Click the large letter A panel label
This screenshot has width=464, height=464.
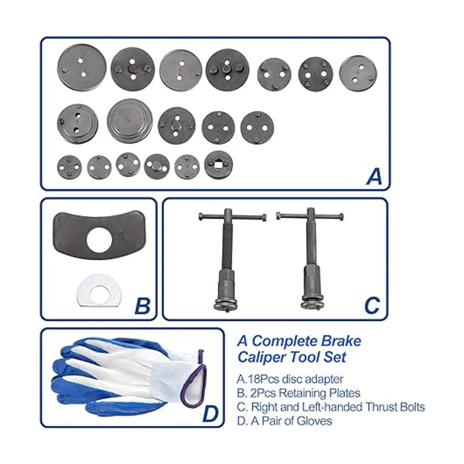click(x=374, y=176)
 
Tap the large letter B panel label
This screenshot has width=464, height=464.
click(x=142, y=306)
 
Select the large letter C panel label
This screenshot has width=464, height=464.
click(x=372, y=306)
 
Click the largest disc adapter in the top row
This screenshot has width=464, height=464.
click(x=82, y=68)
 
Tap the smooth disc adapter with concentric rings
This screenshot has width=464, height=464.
click(x=130, y=121)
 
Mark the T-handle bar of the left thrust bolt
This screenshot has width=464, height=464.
click(x=232, y=216)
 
